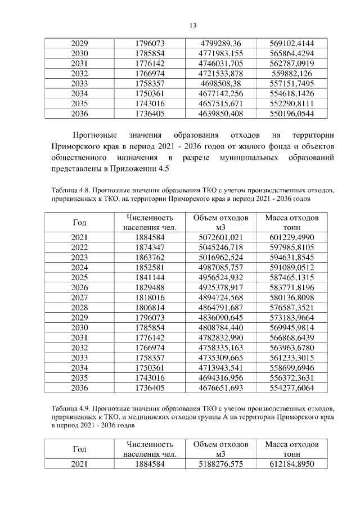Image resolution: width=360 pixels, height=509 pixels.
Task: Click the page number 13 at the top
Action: point(192,25)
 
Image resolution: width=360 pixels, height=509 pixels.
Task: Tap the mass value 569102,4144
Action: point(292,43)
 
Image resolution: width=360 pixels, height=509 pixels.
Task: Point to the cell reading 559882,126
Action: point(292,73)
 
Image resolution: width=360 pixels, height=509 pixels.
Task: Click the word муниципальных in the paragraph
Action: point(247,157)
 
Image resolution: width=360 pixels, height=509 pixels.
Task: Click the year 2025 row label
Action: point(80,277)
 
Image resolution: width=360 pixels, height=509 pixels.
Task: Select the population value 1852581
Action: point(150,267)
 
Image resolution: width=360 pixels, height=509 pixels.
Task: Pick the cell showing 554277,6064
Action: point(292,388)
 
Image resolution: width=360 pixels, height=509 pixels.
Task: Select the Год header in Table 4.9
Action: point(80,449)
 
